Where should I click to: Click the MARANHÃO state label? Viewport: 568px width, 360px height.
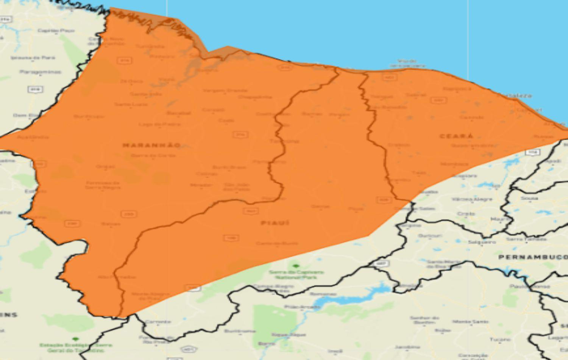[151, 145]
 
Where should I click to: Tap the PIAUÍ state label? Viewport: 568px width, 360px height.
[275, 223]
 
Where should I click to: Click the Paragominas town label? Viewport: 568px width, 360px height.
[40, 72]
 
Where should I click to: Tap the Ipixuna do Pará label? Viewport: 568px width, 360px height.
[33, 58]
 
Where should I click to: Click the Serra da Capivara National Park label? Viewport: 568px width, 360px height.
[296, 275]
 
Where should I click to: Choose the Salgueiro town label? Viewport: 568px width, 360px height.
[482, 242]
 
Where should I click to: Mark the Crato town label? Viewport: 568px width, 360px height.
[466, 214]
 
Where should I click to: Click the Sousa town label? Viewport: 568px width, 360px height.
[529, 198]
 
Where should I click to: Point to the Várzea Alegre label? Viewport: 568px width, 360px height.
[472, 199]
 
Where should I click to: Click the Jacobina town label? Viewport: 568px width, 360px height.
[407, 347]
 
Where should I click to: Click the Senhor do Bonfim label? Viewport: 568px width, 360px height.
[424, 320]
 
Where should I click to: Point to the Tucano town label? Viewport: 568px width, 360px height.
[500, 339]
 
